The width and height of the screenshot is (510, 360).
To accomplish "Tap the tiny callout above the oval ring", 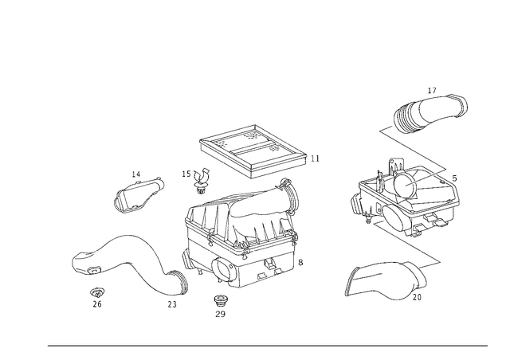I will [x=137, y=171].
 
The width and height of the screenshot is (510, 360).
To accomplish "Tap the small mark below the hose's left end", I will [x=98, y=298].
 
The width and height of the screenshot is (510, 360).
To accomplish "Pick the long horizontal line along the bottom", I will [x=267, y=346].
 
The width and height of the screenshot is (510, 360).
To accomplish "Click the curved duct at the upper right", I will [x=430, y=113].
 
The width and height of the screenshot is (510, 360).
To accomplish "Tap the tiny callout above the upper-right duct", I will [x=431, y=90].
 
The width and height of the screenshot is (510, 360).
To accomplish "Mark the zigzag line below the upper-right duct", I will [x=414, y=151].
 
